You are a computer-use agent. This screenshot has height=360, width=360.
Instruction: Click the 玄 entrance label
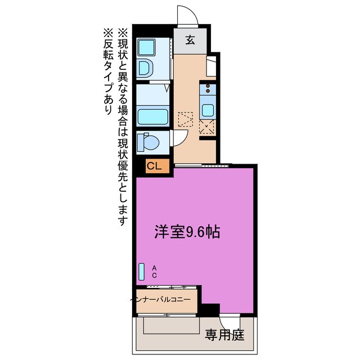pos(191,40)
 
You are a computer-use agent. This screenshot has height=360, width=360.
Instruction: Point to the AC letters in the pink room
pos(154,272)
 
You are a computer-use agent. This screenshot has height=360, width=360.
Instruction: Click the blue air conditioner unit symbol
pos(141,272)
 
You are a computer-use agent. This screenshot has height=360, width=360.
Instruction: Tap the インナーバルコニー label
pos(165,300)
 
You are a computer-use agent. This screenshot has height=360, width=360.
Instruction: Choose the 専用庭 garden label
pos(224,335)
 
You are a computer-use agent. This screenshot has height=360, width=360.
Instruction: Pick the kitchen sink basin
pos(208,110)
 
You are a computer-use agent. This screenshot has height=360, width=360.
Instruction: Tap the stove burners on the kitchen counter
pos(208,89)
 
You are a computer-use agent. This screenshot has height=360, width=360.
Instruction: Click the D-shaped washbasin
pos(145,68)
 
